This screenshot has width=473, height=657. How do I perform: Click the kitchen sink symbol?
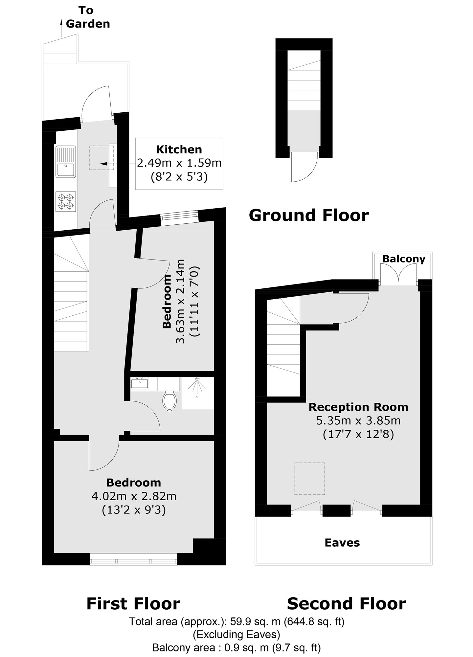tap(66, 162)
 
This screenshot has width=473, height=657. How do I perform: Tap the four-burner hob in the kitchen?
tap(66, 202)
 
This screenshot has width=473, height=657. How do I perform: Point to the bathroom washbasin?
tap(140, 383)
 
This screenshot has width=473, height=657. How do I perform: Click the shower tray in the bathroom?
tap(198, 393)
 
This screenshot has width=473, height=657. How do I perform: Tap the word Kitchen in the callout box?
tap(179, 149)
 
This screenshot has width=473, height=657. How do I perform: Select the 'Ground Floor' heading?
tap(309, 215)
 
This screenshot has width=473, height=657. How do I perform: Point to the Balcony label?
tap(404, 259)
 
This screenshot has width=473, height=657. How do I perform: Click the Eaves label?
tap(342, 542)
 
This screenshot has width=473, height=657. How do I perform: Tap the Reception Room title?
tap(358, 407)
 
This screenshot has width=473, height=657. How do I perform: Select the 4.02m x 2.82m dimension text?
tap(134, 496)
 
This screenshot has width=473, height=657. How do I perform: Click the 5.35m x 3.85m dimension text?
tap(358, 421)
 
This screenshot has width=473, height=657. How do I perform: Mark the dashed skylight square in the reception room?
tap(309, 479)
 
